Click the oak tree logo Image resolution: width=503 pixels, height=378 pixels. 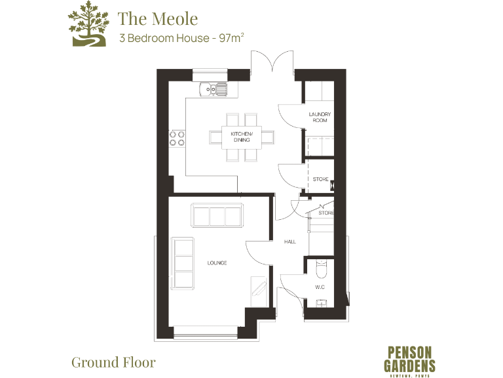[x=86, y=24]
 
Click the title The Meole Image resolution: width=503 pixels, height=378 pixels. [x=157, y=18]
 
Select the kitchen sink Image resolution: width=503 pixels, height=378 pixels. [x=213, y=87]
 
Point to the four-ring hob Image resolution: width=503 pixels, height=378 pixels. [x=177, y=137]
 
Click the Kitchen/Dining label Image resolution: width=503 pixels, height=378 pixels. [x=242, y=137]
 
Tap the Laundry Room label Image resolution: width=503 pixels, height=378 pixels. [x=320, y=117]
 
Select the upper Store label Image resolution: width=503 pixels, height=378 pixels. [x=320, y=179]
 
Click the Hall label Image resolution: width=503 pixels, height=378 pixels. [x=289, y=241]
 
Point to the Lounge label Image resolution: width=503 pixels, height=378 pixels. [x=217, y=262]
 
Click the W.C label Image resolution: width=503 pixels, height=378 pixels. [x=320, y=287]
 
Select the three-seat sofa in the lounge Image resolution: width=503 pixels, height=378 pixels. [x=217, y=215]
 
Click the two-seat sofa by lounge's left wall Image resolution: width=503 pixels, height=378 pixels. [x=183, y=264]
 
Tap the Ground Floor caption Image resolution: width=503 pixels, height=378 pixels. [x=113, y=362]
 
